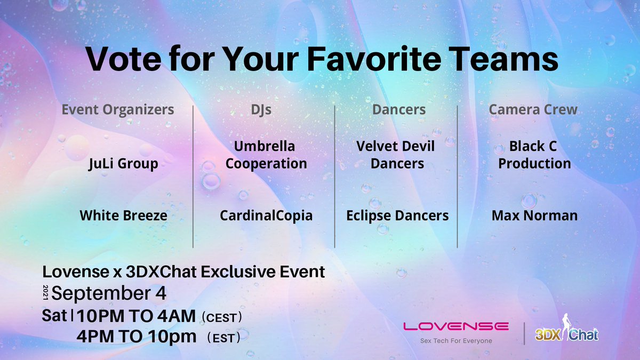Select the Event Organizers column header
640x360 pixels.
click(118, 110)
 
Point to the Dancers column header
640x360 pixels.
click(399, 110)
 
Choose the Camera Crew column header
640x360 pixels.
click(533, 110)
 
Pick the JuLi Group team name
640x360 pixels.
click(123, 164)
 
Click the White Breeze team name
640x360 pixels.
click(123, 215)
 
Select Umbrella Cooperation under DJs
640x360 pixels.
click(266, 155)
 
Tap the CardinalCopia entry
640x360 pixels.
click(266, 215)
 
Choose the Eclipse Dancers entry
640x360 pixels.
click(397, 215)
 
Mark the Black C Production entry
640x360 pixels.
click(534, 155)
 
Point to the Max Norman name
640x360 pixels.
click(534, 215)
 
